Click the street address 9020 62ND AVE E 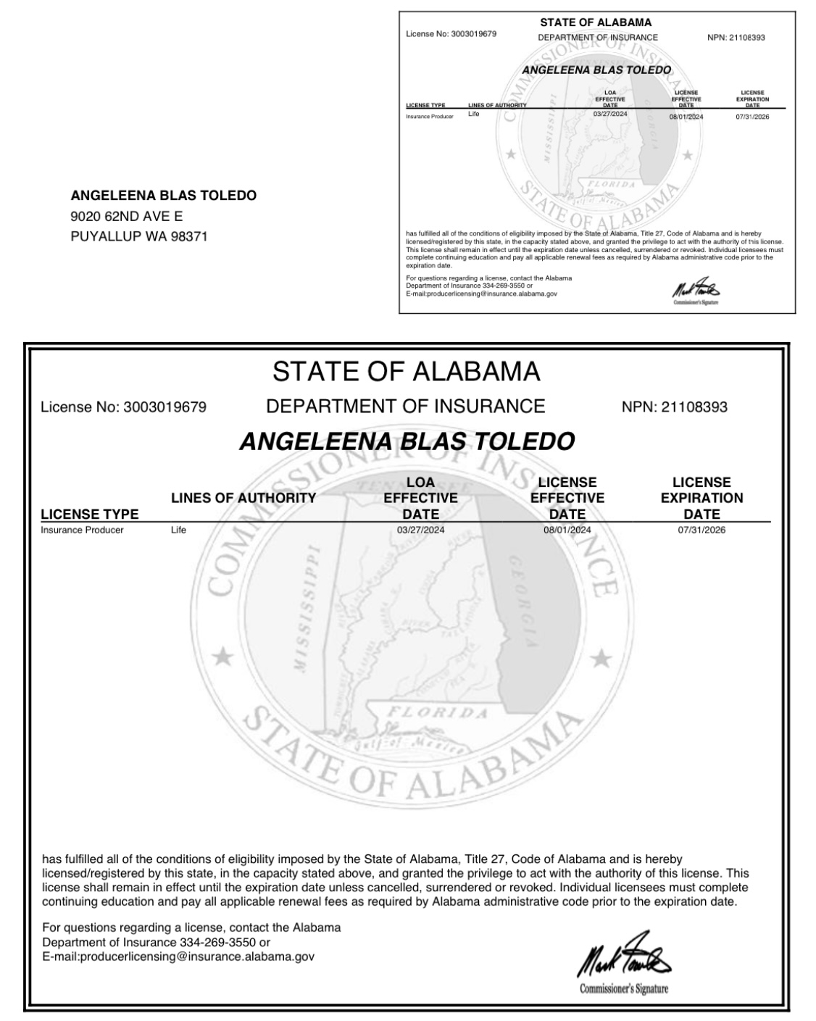coord(127,216)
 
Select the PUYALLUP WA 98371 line coord(139,236)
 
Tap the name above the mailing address coord(164,196)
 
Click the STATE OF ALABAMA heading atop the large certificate coord(406,372)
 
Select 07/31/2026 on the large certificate coord(701,530)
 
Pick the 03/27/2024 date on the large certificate coord(421,530)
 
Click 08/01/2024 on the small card coord(686,116)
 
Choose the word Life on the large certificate coord(178,530)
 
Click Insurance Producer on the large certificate coord(82,530)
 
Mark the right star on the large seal coord(601,658)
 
